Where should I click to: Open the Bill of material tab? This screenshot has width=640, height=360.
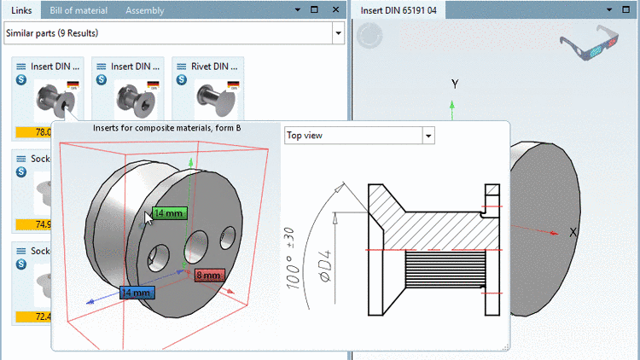click(80, 10)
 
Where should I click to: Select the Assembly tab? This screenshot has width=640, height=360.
click(144, 10)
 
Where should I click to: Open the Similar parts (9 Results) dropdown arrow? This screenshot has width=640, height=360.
click(338, 33)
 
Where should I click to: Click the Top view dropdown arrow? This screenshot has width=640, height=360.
click(428, 136)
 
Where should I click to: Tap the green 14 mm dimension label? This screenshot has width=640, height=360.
click(167, 214)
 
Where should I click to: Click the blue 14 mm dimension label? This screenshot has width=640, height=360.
click(137, 293)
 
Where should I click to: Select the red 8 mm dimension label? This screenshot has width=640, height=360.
click(208, 276)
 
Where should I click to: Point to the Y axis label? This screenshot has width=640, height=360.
click(455, 84)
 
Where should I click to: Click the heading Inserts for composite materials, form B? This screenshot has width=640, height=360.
click(166, 128)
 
